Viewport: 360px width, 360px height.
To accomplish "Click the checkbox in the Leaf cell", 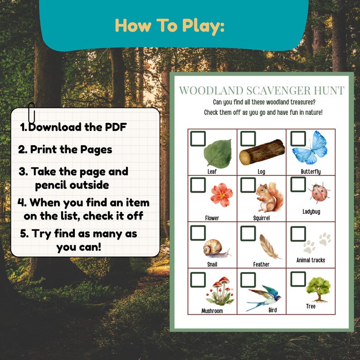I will tap(198, 139).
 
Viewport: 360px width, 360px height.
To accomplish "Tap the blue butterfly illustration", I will tap(310, 148).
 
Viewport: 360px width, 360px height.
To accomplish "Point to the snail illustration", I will tap(215, 248).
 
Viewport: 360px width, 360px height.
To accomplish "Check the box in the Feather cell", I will tap(248, 233).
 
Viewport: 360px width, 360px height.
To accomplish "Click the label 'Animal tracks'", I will tap(311, 260).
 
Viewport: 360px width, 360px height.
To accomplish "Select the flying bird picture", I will tap(264, 297).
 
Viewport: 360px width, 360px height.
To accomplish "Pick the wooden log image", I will tap(262, 152).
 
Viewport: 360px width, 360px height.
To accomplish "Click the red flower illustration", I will tap(221, 194).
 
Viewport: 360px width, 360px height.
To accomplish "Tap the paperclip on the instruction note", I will tap(32, 113).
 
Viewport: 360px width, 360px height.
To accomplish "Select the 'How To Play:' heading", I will tap(170, 26).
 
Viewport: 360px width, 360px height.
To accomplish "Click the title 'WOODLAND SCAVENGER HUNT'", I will tap(262, 90).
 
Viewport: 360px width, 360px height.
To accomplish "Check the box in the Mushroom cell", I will tap(198, 279).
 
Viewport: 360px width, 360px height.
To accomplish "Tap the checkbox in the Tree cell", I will tap(298, 278).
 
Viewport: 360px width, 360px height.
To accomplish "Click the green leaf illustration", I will tap(218, 154).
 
